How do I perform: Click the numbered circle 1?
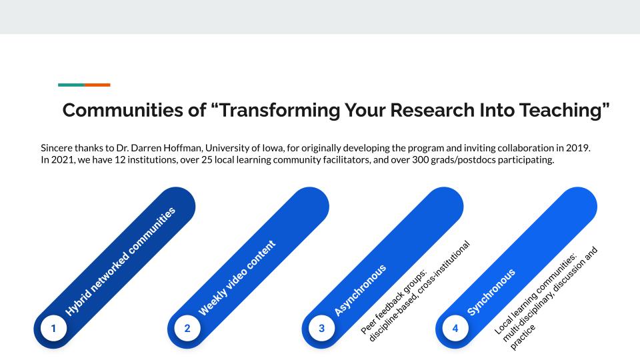point(54,328)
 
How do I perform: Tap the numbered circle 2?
point(187,328)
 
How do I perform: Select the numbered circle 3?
point(322,328)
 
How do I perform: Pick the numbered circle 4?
point(455,328)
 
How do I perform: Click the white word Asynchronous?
point(360,290)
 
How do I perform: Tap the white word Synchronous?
point(491,292)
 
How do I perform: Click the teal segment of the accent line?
point(71,85)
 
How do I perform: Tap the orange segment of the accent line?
point(97,85)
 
